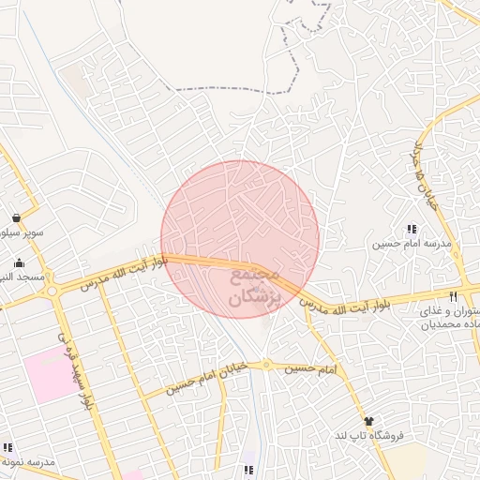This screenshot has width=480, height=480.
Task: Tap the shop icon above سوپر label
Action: pyautogui.click(x=18, y=217)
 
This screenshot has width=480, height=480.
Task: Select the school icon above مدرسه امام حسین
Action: pyautogui.click(x=411, y=229)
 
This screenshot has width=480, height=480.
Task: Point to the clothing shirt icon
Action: pyautogui.click(x=368, y=422)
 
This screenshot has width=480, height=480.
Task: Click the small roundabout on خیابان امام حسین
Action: pyautogui.click(x=266, y=364)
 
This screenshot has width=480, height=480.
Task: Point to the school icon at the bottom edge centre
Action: pyautogui.click(x=247, y=470)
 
